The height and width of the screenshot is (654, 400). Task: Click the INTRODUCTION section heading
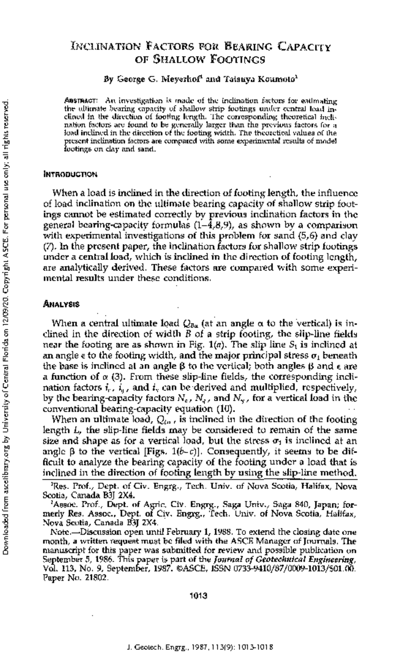[x=71, y=174]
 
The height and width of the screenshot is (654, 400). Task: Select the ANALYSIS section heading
[x=62, y=304]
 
